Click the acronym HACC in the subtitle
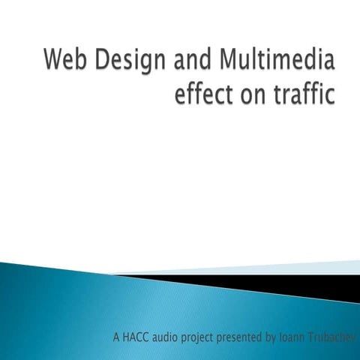(x=139, y=337)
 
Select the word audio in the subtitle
(x=173, y=337)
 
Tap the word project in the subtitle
(x=212, y=337)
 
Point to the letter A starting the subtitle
(x=116, y=337)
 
